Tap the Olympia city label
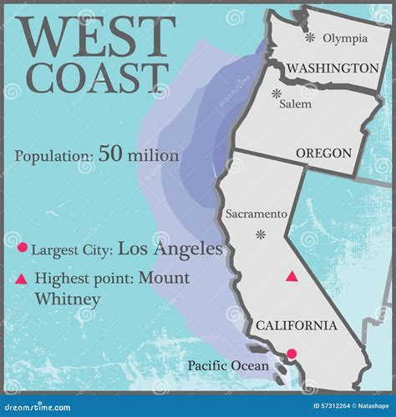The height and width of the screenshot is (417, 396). pos(345,38)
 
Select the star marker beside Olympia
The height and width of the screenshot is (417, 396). pos(311,38)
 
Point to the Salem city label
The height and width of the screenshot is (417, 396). pos(296,104)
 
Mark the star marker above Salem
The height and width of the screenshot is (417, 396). pos(277,94)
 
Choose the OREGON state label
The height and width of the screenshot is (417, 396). pos(322,153)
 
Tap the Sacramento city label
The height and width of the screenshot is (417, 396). pos(256,214)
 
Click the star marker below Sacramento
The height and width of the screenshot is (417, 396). pos(260,234)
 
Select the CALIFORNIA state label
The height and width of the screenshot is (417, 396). pos(297,325)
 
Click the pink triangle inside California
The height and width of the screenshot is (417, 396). pos(292,276)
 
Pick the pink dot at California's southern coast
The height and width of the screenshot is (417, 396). pos(292,354)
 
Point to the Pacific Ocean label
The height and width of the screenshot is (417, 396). pos(228,365)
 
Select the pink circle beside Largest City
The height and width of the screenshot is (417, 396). pos(23,248)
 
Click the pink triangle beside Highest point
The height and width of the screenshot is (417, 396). pos(23,279)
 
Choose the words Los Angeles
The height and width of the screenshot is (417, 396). pos(170,248)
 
